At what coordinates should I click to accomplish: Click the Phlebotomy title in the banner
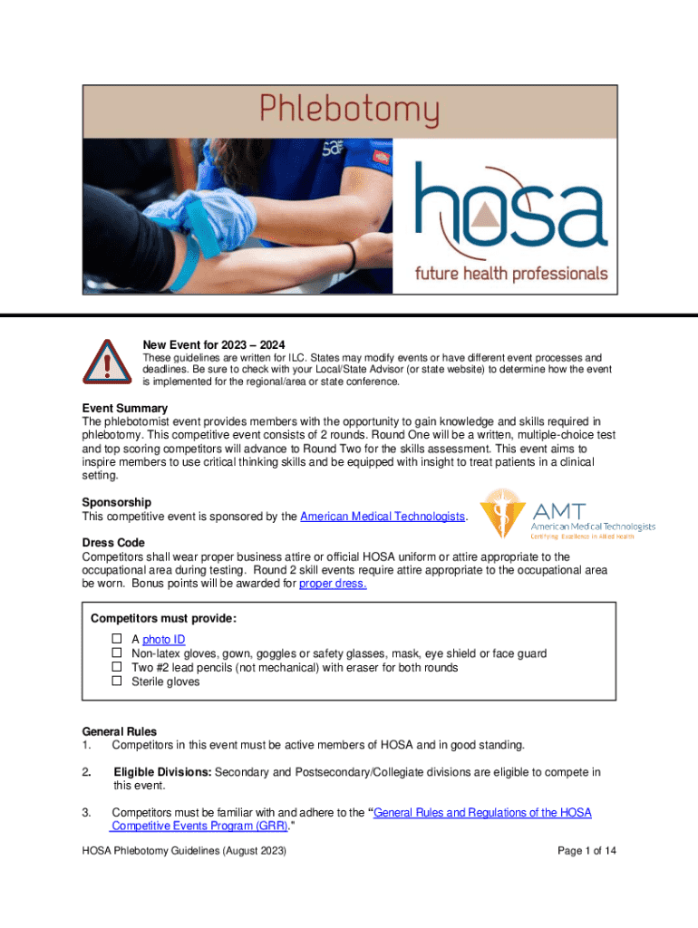click(x=350, y=111)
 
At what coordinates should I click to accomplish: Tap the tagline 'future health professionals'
click(x=511, y=272)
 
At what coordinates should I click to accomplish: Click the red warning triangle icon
click(x=107, y=362)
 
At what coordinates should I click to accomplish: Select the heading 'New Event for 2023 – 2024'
click(x=214, y=345)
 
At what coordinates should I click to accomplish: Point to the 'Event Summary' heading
click(x=125, y=409)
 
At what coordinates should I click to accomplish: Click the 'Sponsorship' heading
click(x=117, y=502)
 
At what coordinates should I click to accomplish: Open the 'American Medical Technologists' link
click(x=383, y=517)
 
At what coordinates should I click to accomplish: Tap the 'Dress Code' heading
click(x=113, y=542)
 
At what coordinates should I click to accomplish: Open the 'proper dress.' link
click(x=333, y=584)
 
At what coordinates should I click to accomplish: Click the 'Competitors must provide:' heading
click(x=164, y=619)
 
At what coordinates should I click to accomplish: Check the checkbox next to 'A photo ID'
click(x=116, y=640)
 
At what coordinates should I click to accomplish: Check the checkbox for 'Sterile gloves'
click(x=116, y=681)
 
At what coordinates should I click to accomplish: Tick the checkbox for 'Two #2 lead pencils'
click(x=116, y=668)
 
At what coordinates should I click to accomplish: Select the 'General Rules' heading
click(x=120, y=731)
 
